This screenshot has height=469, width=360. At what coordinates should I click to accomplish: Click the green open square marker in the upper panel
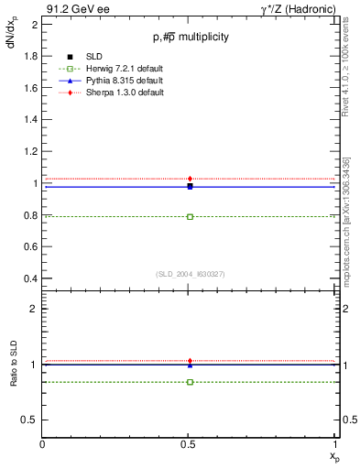190,216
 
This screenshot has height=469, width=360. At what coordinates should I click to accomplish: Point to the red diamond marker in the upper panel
190,179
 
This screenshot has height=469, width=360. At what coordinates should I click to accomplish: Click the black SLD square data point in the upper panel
190,186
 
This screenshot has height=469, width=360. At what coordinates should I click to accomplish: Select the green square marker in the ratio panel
190,381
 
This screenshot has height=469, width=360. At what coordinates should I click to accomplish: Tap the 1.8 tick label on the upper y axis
30,57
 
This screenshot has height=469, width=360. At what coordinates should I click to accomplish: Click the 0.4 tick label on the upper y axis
30,278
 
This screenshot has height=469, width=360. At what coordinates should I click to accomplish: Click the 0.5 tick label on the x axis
190,444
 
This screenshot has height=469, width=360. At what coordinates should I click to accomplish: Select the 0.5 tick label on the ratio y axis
30,420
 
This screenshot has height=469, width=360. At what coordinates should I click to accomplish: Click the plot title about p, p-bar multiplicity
190,37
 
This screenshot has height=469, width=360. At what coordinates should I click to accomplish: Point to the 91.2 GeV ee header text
71,8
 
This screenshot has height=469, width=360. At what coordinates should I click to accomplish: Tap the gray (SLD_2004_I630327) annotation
190,273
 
